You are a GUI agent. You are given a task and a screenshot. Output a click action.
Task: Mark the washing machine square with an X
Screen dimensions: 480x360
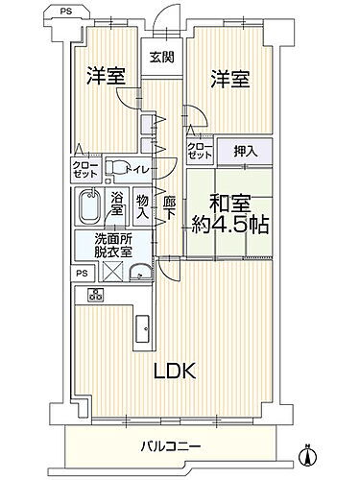point(111,272)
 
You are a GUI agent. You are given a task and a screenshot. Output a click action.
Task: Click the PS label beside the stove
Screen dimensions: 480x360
point(82,272)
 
